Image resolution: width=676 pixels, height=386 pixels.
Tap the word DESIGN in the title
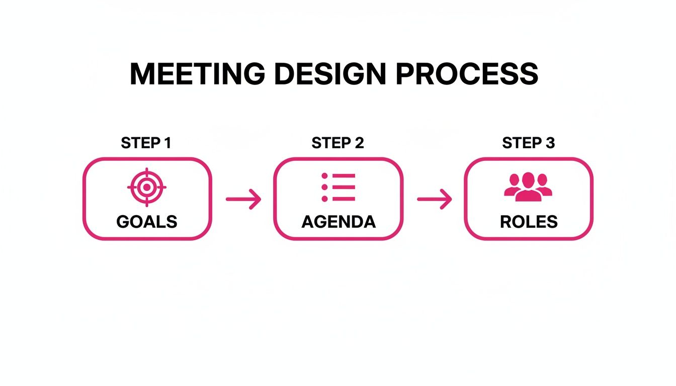click(329, 74)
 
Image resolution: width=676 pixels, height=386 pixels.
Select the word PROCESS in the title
click(467, 74)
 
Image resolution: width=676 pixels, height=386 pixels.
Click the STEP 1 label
click(146, 143)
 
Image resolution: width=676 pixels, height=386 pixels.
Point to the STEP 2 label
click(337, 143)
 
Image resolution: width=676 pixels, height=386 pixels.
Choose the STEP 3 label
click(528, 143)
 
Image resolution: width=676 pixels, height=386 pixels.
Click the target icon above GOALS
click(146, 187)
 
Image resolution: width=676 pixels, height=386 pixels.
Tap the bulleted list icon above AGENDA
click(338, 187)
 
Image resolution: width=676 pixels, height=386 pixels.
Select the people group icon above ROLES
click(528, 187)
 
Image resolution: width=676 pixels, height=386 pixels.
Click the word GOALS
click(146, 222)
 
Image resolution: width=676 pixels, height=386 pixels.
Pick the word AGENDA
click(338, 222)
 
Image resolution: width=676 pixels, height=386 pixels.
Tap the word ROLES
click(529, 222)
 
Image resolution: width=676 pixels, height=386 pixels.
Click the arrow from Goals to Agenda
click(243, 200)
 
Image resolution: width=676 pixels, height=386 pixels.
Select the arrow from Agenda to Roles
click(434, 200)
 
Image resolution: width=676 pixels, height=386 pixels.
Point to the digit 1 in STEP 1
click(167, 143)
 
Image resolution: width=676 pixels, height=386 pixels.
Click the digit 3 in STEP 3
click(550, 143)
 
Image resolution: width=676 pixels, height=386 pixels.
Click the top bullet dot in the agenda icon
click(324, 176)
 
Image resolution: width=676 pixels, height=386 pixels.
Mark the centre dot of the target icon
click(146, 187)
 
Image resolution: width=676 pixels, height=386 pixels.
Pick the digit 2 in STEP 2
click(359, 143)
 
